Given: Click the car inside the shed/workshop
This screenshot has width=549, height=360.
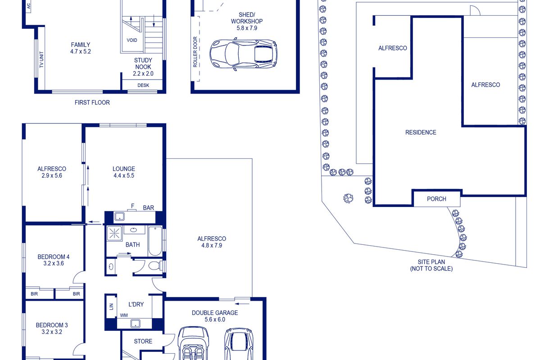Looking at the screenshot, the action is click(x=243, y=54).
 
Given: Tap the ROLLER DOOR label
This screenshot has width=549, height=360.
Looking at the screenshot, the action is click(x=195, y=52).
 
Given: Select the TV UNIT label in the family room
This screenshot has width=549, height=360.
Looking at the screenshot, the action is click(x=41, y=59).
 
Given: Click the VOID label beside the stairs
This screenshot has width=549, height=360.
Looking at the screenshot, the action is click(x=132, y=40).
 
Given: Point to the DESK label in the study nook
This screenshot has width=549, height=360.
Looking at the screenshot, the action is click(x=143, y=85).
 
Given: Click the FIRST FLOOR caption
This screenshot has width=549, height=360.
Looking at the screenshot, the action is click(x=92, y=102).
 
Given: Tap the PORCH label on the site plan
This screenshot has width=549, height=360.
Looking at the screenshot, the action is click(x=436, y=199).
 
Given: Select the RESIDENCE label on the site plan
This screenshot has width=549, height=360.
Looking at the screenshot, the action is click(x=421, y=132).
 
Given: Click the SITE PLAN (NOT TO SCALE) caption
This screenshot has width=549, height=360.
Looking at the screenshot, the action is click(x=431, y=265).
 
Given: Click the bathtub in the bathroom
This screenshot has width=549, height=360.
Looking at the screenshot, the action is click(x=155, y=241).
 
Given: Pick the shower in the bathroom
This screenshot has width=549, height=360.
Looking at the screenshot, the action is click(x=114, y=234).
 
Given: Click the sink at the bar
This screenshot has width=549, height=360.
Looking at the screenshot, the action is click(x=120, y=216).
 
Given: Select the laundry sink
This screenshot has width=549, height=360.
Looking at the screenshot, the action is click(x=135, y=323).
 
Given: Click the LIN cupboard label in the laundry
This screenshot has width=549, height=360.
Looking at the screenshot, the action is click(x=112, y=306).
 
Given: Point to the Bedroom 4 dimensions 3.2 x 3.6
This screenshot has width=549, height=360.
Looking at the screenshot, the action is click(x=54, y=264).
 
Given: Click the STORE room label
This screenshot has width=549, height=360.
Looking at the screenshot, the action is click(x=143, y=342).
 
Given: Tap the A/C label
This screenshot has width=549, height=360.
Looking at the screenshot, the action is click(x=29, y=6).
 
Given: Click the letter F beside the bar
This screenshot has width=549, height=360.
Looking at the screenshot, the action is click(x=132, y=206).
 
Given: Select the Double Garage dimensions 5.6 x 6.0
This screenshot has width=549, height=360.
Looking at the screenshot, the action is click(x=215, y=319).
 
